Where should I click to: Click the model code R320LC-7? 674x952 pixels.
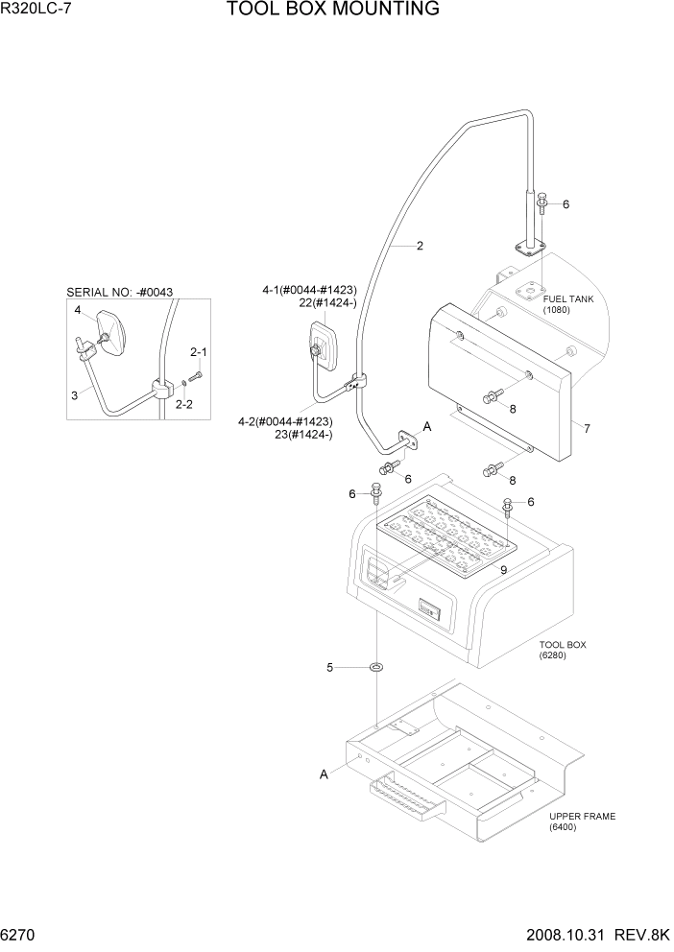point(39,11)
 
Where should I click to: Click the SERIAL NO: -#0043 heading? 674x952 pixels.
point(119,291)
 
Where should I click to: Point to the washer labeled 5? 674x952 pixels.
point(377,667)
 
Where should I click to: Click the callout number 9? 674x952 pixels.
point(503,569)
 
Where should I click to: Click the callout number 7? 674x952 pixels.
point(586,427)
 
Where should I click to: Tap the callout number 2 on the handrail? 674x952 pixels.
point(420,246)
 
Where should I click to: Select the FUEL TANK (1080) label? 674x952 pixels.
point(567,304)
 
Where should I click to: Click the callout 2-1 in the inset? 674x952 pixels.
point(199,351)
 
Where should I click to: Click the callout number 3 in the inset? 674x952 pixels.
point(74,394)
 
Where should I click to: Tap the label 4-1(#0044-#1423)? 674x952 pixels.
point(308,288)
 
